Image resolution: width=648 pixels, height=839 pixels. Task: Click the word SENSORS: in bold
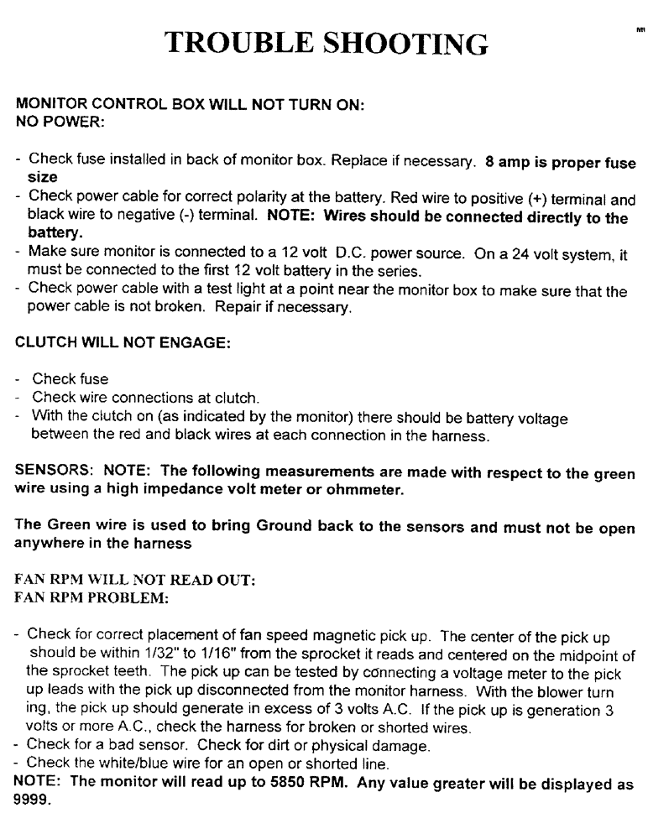click(51, 467)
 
